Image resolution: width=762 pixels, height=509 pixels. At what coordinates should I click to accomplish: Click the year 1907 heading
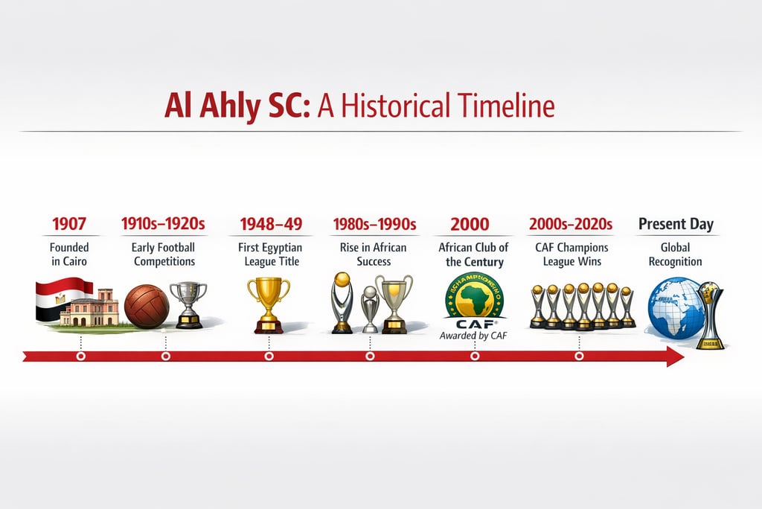click(x=69, y=223)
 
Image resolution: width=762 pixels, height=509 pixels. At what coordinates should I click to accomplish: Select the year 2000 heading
click(x=470, y=223)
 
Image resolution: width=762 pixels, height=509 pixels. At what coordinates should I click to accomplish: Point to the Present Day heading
click(x=676, y=223)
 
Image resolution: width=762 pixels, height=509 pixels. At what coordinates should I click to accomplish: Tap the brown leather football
click(x=147, y=305)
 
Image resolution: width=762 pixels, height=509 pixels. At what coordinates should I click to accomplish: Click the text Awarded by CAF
click(x=473, y=336)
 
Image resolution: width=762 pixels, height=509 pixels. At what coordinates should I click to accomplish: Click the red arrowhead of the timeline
click(x=674, y=356)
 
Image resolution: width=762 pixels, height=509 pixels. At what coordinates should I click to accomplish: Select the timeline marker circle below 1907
click(x=80, y=356)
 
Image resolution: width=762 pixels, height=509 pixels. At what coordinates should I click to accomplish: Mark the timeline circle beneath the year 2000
click(x=475, y=356)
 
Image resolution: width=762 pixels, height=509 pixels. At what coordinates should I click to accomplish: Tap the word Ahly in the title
click(x=228, y=106)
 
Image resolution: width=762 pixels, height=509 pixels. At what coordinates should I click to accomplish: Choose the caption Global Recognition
click(x=676, y=254)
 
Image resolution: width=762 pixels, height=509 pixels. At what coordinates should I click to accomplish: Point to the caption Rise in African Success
click(x=373, y=254)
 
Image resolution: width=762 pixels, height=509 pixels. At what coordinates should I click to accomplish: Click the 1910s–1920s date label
click(x=163, y=223)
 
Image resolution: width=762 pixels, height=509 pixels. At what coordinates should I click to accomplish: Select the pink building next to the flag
click(x=90, y=308)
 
